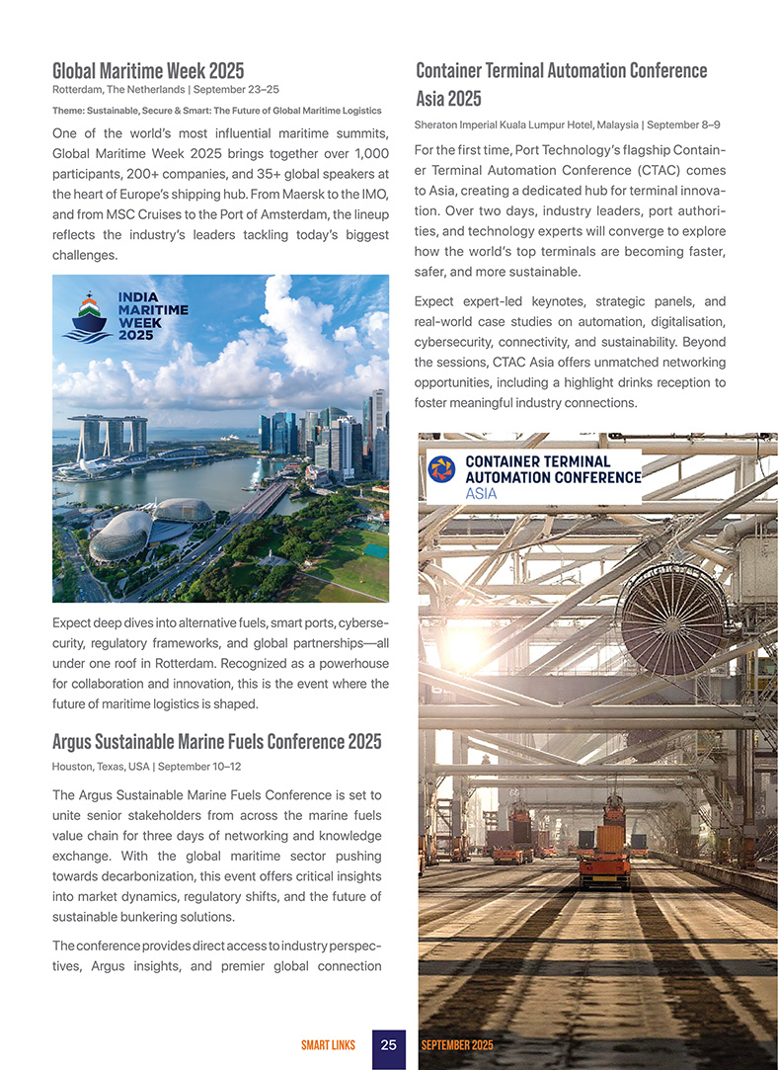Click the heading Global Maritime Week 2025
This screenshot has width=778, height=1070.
click(x=148, y=71)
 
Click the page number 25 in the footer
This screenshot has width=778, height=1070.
click(x=389, y=1044)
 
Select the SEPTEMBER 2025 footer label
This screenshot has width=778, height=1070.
click(x=457, y=1044)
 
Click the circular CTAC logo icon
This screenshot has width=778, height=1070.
click(x=441, y=469)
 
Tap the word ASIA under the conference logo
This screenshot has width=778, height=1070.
click(x=482, y=494)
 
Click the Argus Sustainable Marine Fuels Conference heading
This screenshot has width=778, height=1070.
click(x=216, y=741)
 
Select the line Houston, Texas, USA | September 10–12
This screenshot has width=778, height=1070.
click(x=145, y=766)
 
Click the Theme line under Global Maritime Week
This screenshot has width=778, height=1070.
click(x=216, y=110)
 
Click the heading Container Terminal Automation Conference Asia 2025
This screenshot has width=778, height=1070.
click(x=561, y=84)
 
